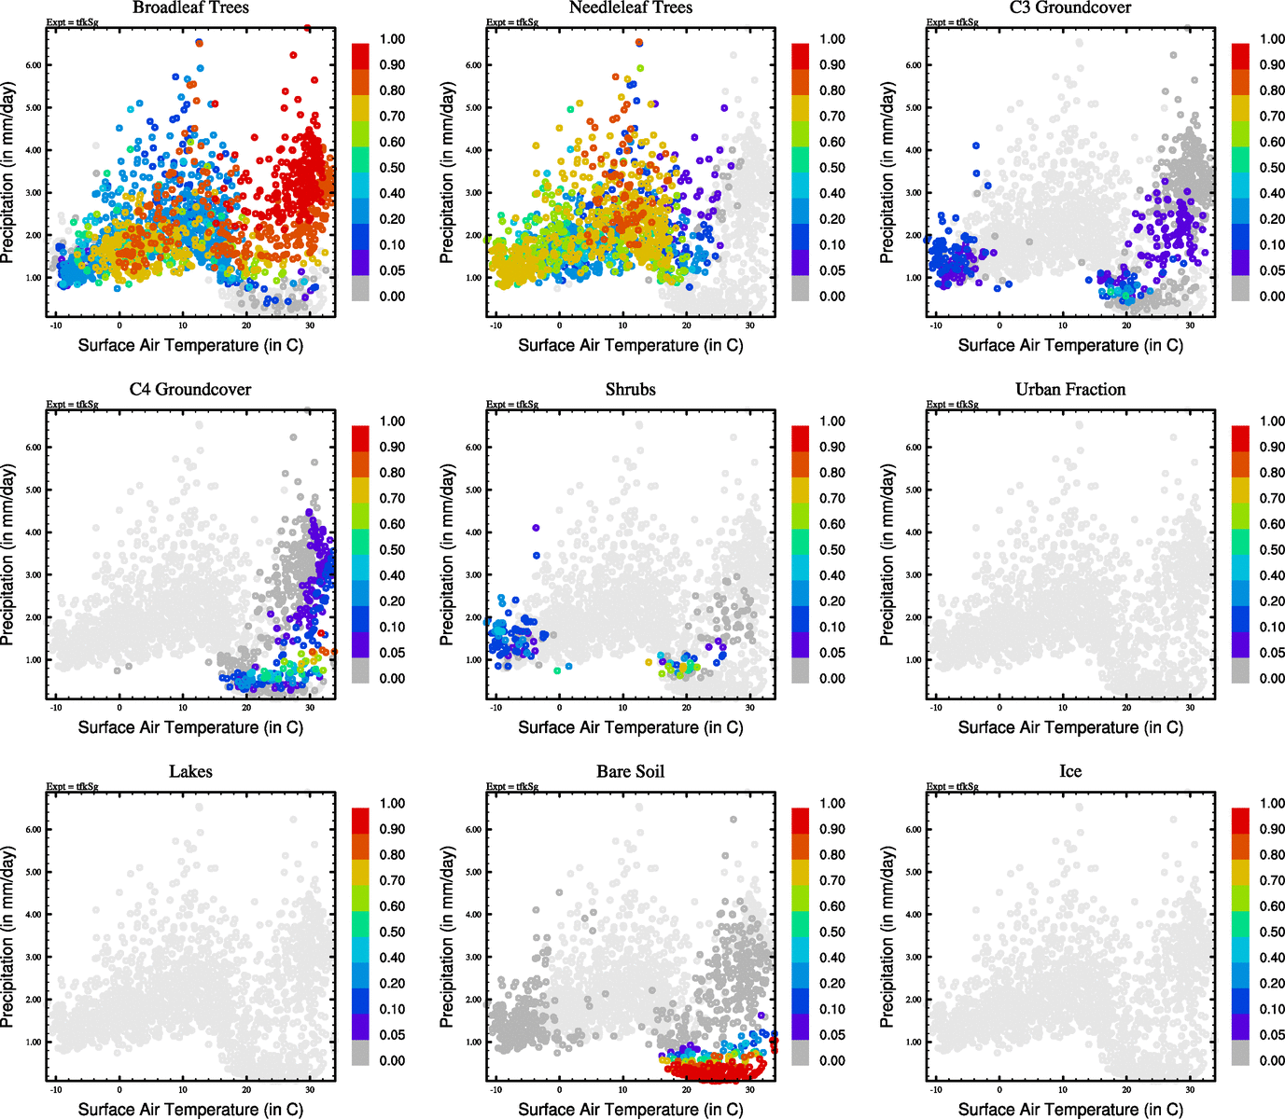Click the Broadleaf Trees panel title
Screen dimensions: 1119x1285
190,7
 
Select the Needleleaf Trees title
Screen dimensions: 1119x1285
631,7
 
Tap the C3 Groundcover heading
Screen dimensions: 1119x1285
1070,7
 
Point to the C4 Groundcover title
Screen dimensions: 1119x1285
190,389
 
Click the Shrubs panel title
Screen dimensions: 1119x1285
631,389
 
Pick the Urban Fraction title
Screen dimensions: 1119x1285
1070,389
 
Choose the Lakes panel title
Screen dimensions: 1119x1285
190,771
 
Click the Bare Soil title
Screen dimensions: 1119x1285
631,771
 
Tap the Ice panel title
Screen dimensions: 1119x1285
1070,771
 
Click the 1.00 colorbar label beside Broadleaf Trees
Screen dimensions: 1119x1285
392,39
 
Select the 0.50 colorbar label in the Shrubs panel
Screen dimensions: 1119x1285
832,550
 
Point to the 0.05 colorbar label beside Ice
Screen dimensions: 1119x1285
1272,1035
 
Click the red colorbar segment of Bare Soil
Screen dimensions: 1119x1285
801,821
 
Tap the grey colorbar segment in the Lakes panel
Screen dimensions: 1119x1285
360,1054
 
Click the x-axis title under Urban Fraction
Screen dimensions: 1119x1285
1070,727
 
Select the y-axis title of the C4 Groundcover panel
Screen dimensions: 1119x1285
8,556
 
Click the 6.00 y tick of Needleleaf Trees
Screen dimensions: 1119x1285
474,65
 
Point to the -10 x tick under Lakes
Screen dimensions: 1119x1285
56,1089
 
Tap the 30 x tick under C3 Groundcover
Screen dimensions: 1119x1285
1190,325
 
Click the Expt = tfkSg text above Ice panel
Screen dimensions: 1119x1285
952,787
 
